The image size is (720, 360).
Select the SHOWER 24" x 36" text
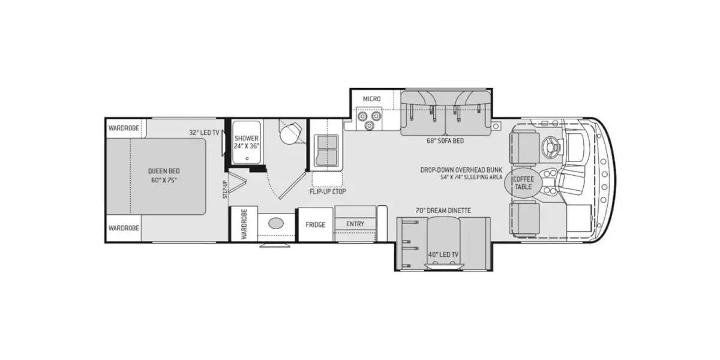(x=246, y=142)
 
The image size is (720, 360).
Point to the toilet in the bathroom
(x=290, y=133)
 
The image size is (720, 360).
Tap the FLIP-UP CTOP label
(x=328, y=191)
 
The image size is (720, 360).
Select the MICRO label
(x=372, y=98)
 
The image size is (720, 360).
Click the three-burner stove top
(x=368, y=119)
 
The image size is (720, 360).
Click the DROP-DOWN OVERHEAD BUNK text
(x=461, y=170)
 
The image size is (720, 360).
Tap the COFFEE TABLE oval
(x=522, y=182)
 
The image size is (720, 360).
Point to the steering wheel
(x=550, y=146)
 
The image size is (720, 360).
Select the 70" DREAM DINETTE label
(x=443, y=211)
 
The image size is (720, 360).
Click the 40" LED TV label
(x=443, y=254)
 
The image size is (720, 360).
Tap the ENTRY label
(x=355, y=224)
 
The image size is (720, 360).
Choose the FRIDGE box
(x=315, y=225)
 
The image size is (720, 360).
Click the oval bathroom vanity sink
(x=276, y=224)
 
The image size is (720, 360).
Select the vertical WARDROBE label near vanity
(x=244, y=224)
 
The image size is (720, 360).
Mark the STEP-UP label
(x=226, y=189)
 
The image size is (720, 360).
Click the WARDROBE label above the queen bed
(x=124, y=128)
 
